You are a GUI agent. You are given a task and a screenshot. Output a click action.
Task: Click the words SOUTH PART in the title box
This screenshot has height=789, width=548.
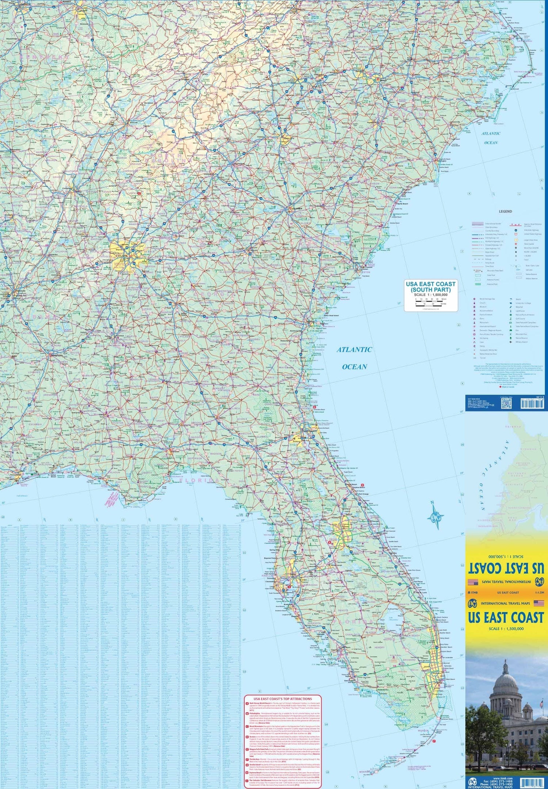click(431, 289)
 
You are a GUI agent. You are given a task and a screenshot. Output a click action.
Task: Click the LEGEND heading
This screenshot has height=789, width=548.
click(505, 211)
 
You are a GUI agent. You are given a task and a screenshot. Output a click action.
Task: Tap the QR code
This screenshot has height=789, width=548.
click(505, 403)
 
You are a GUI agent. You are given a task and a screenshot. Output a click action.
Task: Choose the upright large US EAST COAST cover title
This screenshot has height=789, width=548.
click(506, 618)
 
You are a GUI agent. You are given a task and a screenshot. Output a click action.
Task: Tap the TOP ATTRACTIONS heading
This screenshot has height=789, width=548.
click(283, 699)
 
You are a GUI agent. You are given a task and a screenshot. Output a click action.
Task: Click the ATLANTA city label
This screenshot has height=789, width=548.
click(123, 256)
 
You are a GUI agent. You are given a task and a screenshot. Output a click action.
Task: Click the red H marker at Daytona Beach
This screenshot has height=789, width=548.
click(362, 485)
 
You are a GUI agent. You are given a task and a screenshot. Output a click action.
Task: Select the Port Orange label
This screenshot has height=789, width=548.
click(364, 494)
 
